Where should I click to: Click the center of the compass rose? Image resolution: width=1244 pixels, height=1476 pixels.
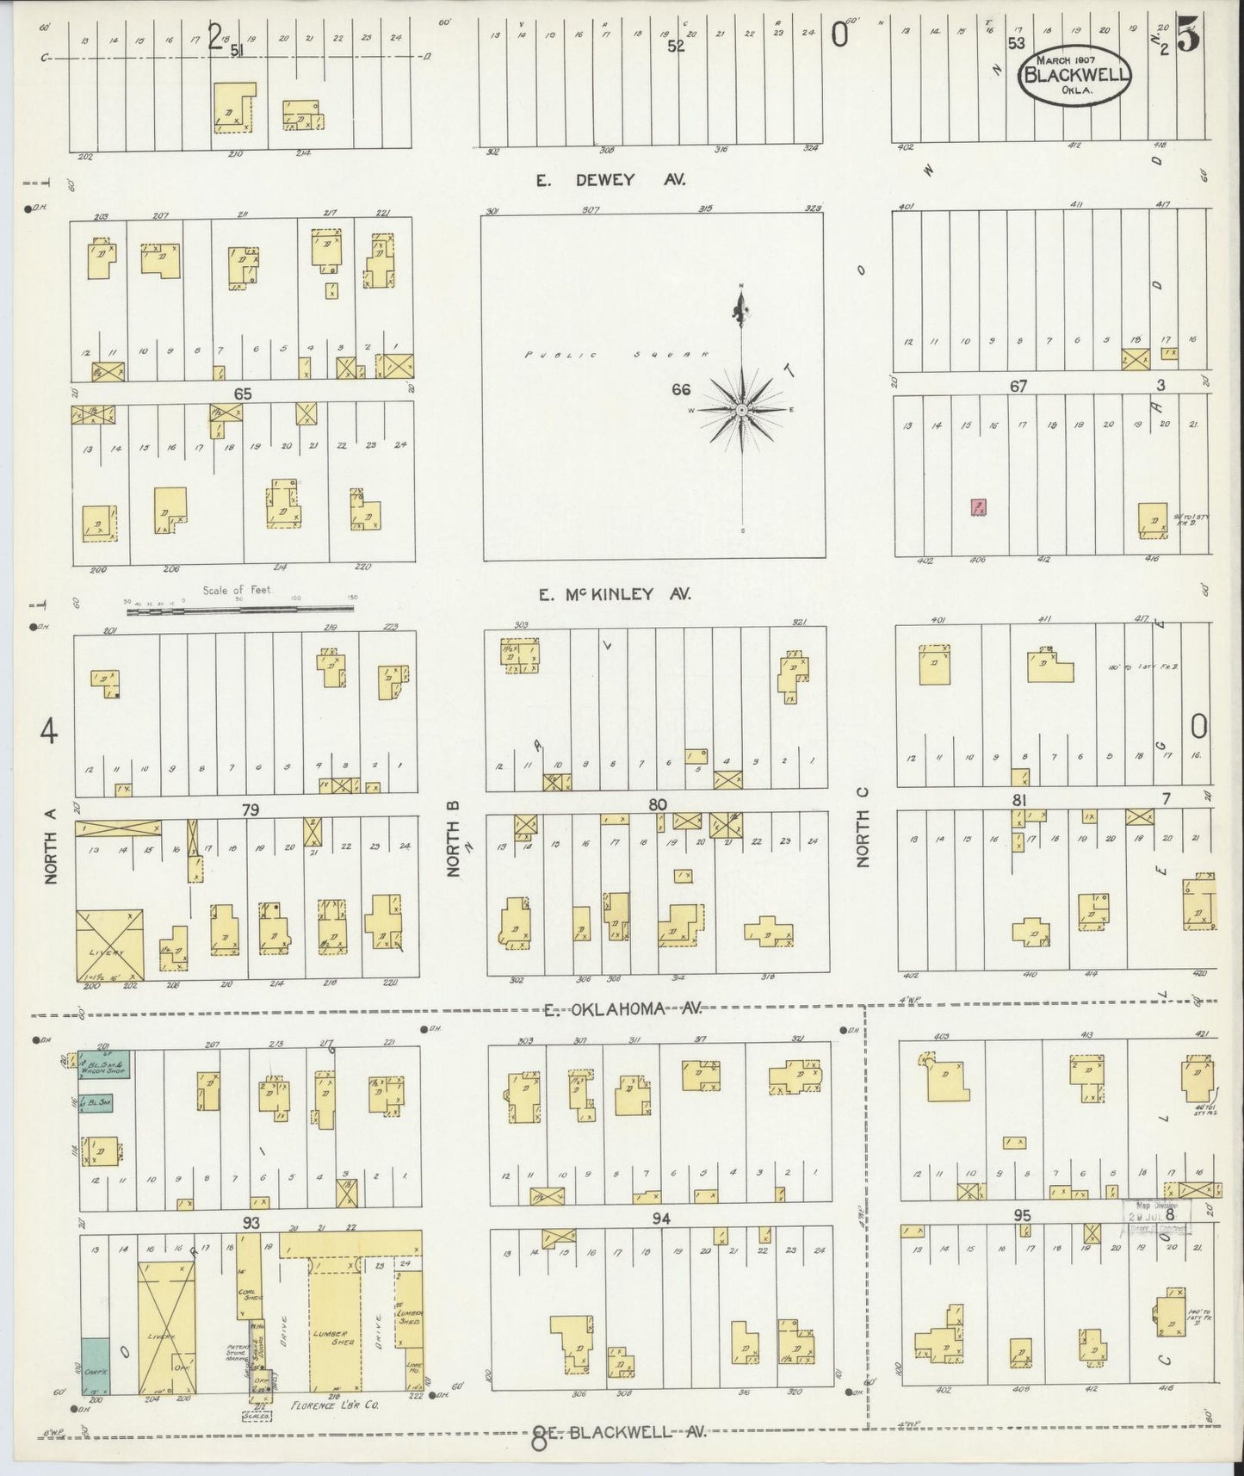click(742, 410)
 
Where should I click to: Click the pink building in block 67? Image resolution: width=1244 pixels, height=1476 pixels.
click(978, 506)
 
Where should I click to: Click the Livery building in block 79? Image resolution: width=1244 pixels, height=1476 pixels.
click(108, 945)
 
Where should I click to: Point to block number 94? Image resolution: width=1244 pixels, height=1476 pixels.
click(661, 1219)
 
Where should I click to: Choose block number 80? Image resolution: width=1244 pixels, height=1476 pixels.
click(658, 805)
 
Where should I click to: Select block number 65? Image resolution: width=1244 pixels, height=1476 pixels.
click(243, 393)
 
